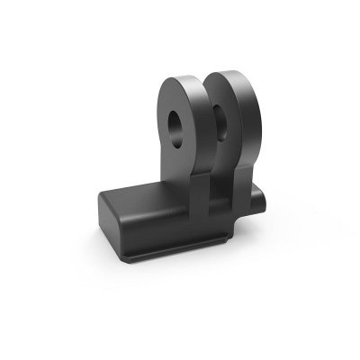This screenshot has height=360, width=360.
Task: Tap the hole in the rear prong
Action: point(220,116)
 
